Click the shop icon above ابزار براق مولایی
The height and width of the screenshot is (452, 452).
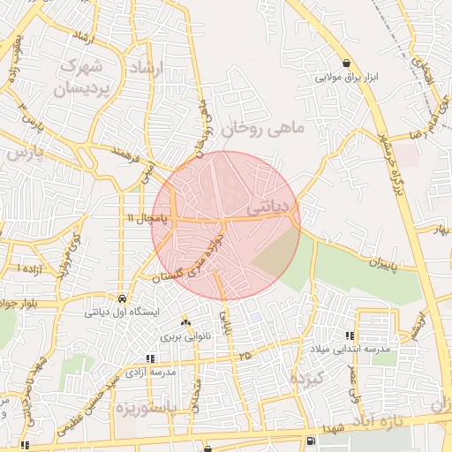click(350, 64)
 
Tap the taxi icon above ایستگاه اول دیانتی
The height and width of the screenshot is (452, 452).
click(121, 298)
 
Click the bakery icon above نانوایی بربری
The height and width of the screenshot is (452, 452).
click(185, 323)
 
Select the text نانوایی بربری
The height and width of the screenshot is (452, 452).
click(182, 337)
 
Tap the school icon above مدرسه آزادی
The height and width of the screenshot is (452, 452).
click(150, 358)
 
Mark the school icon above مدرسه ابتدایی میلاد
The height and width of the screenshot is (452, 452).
click(350, 335)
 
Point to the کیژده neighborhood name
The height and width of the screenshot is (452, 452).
click(309, 377)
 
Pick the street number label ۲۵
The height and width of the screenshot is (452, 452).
click(244, 354)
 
